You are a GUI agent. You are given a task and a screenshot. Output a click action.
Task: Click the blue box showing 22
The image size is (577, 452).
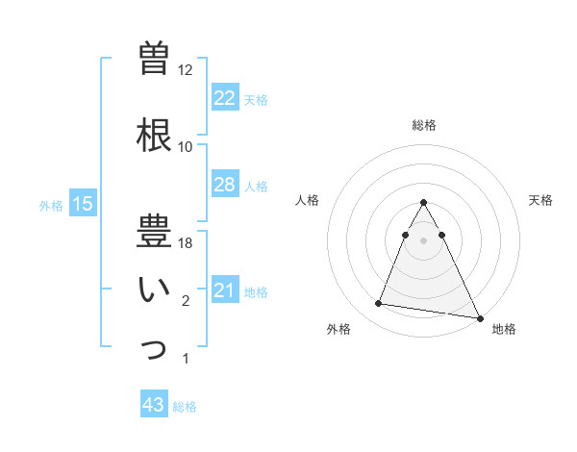pyautogui.click(x=224, y=98)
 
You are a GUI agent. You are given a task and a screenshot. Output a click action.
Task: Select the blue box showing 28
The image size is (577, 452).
pyautogui.click(x=224, y=185)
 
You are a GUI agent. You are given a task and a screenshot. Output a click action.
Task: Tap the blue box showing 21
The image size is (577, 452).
pyautogui.click(x=224, y=290)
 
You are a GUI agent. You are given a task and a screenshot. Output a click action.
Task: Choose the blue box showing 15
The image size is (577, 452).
pyautogui.click(x=82, y=204)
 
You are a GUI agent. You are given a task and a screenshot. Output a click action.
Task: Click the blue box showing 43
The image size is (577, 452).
pyautogui.click(x=154, y=405)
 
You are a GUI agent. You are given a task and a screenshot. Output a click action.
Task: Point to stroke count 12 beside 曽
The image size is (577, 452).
pyautogui.click(x=185, y=70)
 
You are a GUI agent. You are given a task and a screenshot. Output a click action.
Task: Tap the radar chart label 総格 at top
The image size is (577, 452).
pyautogui.click(x=423, y=125)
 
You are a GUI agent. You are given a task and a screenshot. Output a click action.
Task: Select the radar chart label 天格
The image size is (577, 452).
pyautogui.click(x=541, y=200)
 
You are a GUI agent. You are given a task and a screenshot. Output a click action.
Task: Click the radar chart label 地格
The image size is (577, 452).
pyautogui.click(x=504, y=329)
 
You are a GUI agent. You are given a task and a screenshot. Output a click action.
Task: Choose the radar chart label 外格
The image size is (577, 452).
pyautogui.click(x=339, y=329)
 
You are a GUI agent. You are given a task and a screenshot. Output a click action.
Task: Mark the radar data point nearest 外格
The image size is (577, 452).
pyautogui.click(x=379, y=304)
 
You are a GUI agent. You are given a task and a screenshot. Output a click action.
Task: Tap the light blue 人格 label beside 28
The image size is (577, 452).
pyautogui.click(x=256, y=186)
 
